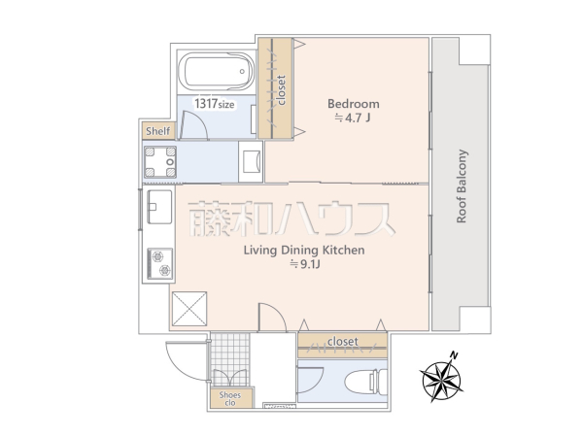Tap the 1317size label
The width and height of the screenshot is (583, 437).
tap(213, 103)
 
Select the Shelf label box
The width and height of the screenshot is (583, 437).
tap(156, 131)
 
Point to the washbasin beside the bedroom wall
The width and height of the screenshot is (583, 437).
tap(250, 161)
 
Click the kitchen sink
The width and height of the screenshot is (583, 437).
tap(158, 206)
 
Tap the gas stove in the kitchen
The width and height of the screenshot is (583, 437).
tap(158, 262)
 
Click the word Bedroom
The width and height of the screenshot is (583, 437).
tap(353, 104)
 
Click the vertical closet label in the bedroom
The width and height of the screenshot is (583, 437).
tap(281, 89)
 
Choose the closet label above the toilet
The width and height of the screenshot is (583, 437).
tap(342, 342)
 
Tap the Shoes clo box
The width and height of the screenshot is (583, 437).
tap(229, 397)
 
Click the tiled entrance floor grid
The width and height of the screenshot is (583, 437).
tap(231, 353)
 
